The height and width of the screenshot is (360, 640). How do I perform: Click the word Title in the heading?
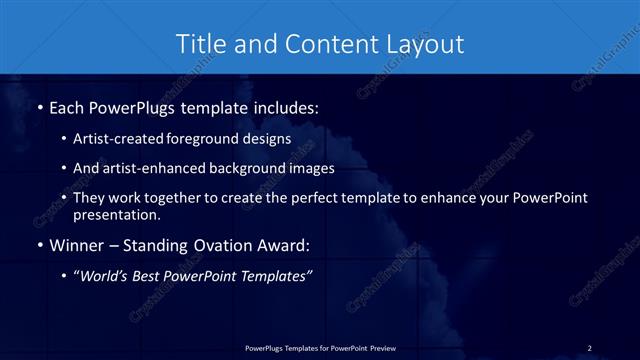tap(199, 44)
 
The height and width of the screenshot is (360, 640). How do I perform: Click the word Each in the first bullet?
tap(66, 106)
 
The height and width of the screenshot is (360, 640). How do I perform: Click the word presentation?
tap(117, 214)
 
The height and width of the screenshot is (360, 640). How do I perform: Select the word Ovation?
tap(213, 245)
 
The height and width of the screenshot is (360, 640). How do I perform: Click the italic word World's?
tap(104, 277)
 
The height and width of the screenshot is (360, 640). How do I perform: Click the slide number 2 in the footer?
tap(589, 347)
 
